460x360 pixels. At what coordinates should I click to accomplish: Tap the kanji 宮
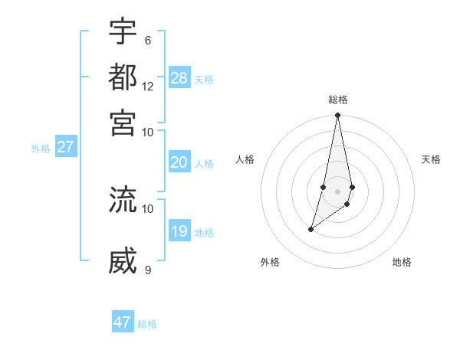click(x=123, y=123)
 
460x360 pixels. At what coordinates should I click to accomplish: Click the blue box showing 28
click(x=179, y=78)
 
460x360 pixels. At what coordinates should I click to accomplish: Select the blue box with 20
click(x=179, y=162)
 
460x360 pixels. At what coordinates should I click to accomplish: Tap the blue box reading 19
click(x=179, y=231)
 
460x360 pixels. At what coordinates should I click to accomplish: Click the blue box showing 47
click(x=123, y=322)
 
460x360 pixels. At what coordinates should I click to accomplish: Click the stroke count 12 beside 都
click(x=148, y=86)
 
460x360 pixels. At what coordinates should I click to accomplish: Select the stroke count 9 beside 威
click(x=148, y=270)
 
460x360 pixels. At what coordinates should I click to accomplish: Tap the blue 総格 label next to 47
click(x=147, y=324)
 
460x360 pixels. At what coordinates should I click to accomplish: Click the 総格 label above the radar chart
click(x=337, y=100)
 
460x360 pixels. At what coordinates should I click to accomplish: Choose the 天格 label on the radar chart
click(x=431, y=159)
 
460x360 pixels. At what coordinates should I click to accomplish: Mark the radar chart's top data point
click(x=337, y=116)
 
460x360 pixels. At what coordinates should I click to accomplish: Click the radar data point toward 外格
click(x=310, y=229)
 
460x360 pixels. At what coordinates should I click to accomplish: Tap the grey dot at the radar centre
click(x=337, y=191)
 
